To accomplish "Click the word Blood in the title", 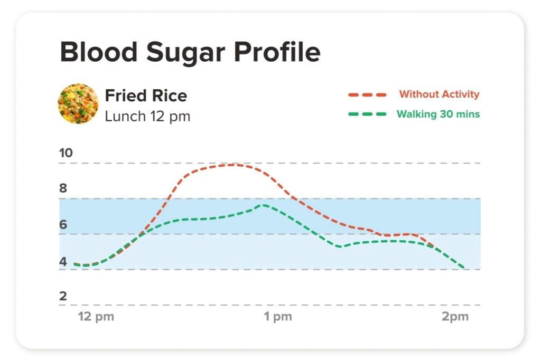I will (x=98, y=52).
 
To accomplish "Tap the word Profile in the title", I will (x=277, y=52).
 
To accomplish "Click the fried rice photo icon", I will (x=78, y=103).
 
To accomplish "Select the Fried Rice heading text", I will (x=146, y=96).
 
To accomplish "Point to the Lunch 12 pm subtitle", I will (x=147, y=116).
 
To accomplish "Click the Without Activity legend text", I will (x=439, y=94).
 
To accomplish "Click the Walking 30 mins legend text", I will (x=438, y=114).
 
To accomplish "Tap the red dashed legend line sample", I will (x=367, y=95).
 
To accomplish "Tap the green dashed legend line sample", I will (x=367, y=115).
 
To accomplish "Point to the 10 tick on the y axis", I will (x=66, y=154).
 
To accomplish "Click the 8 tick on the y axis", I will (x=63, y=188).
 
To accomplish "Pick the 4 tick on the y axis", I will (x=63, y=261).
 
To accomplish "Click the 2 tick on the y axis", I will (x=63, y=296).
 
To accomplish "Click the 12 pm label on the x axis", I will (x=96, y=317).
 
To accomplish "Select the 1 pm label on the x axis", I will (x=278, y=317).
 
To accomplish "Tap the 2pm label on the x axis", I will (x=455, y=317).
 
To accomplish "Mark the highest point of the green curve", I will (x=263, y=205).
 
